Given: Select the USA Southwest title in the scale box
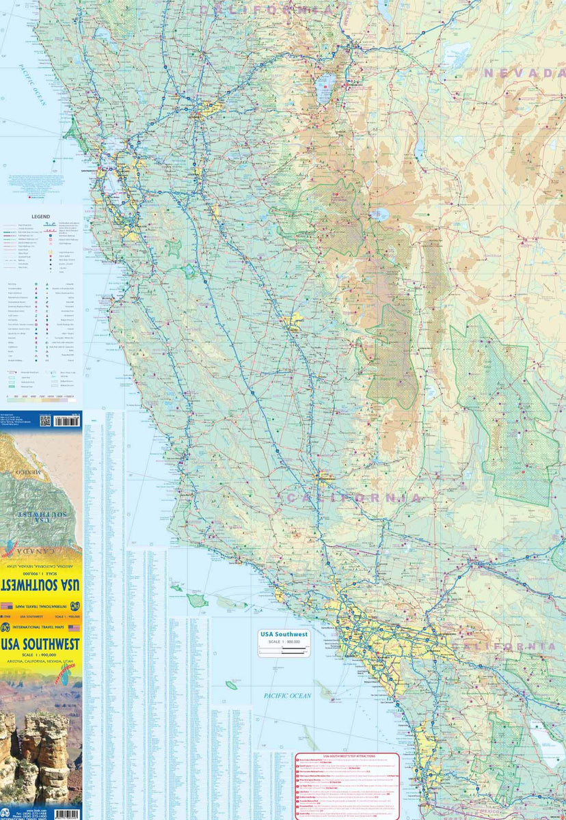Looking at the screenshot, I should pos(283,635).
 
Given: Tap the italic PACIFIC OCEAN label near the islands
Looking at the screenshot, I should pos(288,696).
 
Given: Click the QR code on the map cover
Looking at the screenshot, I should pos(45,420).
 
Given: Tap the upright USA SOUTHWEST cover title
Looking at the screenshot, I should pos(40,644).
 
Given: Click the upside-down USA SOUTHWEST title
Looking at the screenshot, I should pos(40,586).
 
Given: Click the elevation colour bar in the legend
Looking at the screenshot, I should pos(41,396).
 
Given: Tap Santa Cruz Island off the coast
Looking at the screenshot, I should pos(198,600).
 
